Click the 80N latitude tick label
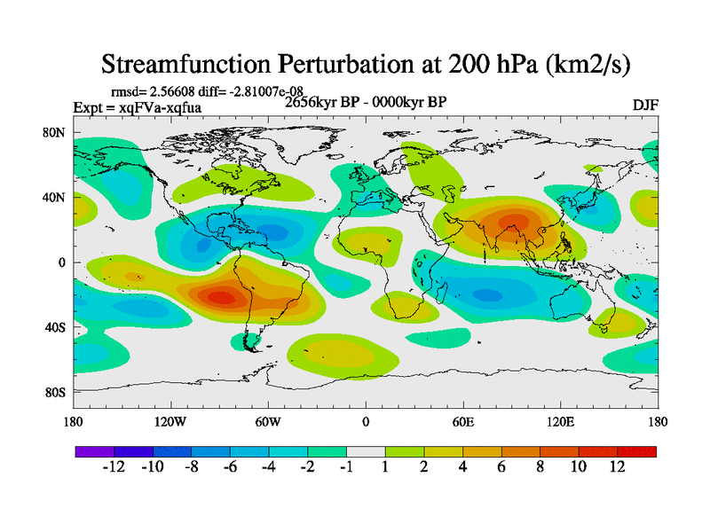(x=54, y=133)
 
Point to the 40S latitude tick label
(x=54, y=327)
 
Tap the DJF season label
(x=645, y=105)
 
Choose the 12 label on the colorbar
(x=618, y=467)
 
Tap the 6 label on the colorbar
(x=501, y=467)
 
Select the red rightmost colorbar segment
(x=637, y=451)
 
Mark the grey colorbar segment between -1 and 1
(x=366, y=451)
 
